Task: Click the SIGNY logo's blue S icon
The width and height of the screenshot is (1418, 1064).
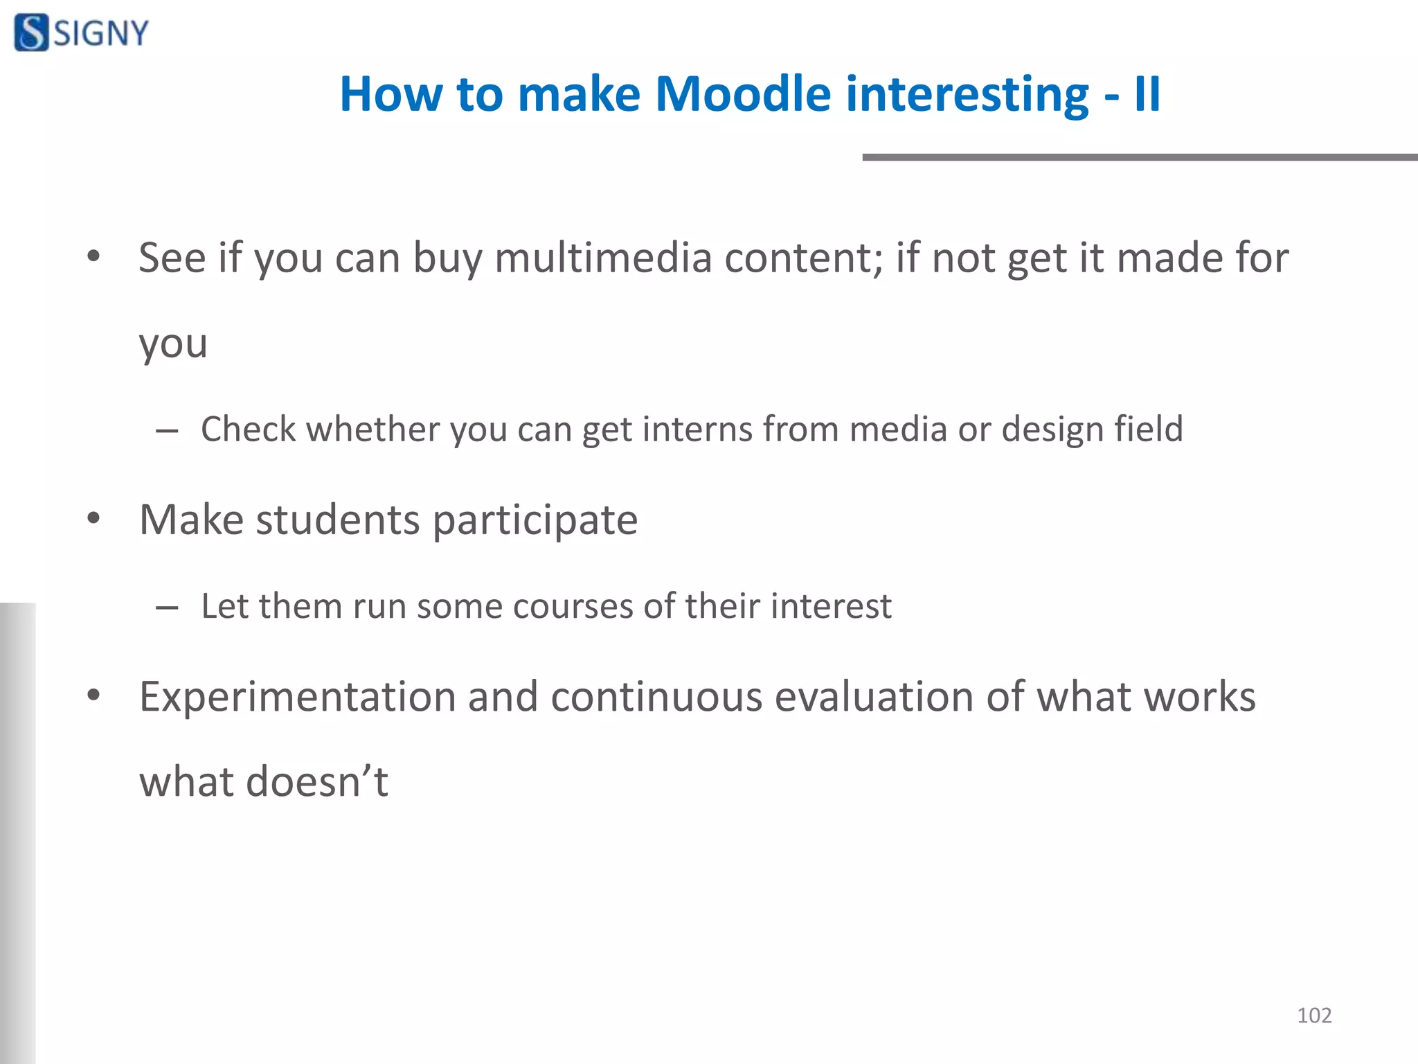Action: pos(31,33)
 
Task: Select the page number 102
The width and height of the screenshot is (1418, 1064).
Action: pos(1313,1016)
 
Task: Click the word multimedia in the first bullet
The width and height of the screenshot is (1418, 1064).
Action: pos(603,258)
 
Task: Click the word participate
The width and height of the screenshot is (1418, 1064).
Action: pos(535,520)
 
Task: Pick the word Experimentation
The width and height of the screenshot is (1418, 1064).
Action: pos(297,697)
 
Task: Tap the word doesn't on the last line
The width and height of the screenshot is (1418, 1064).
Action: pos(317,781)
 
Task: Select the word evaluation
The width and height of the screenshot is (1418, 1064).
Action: pos(874,697)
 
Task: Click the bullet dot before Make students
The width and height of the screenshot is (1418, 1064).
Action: pos(94,518)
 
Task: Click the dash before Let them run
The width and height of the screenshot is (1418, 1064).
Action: pos(167,608)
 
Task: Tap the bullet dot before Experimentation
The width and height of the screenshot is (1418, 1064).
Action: pos(94,695)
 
